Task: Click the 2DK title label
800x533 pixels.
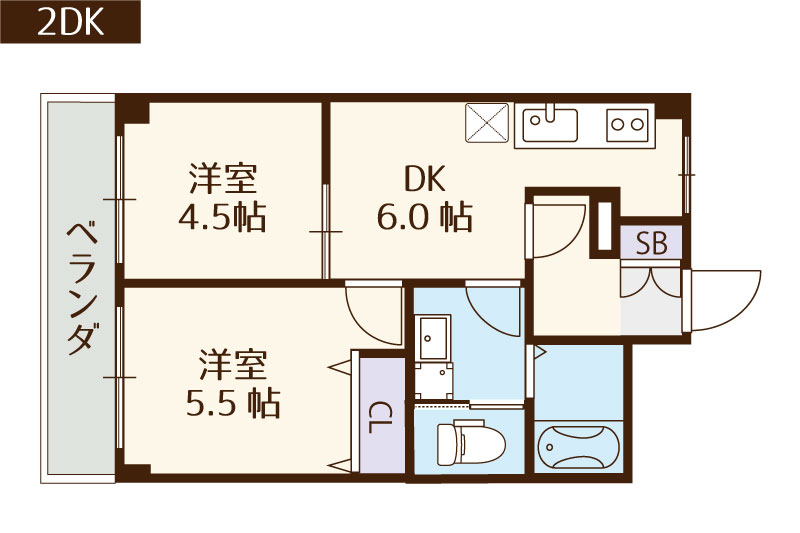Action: (70, 22)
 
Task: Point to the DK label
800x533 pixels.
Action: (424, 180)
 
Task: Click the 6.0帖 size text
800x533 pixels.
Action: (424, 216)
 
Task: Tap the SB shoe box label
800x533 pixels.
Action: (651, 242)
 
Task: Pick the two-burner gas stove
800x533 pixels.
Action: (628, 125)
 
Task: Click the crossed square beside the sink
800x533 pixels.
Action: (488, 125)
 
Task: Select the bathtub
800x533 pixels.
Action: (579, 446)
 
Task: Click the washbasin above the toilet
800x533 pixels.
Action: (435, 339)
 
